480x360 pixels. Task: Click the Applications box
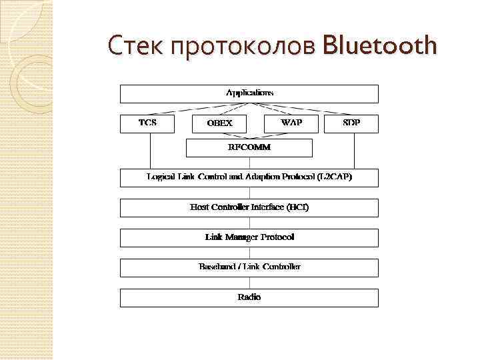coord(249,93)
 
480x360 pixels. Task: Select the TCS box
coord(147,123)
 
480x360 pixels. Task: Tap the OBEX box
coord(219,123)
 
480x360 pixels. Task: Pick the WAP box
coord(291,123)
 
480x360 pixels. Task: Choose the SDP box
coord(351,123)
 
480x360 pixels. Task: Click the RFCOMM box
coord(249,147)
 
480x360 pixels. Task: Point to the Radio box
coord(249,297)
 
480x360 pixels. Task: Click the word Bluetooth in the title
coord(379,46)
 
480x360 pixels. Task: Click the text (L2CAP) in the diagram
coord(333,177)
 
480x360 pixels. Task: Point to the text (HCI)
coord(297,207)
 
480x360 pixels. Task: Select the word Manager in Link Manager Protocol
coord(244,237)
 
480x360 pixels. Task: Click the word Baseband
coord(218,267)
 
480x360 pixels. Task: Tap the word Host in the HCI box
coord(199,207)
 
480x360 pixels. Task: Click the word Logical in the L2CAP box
coord(161,177)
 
